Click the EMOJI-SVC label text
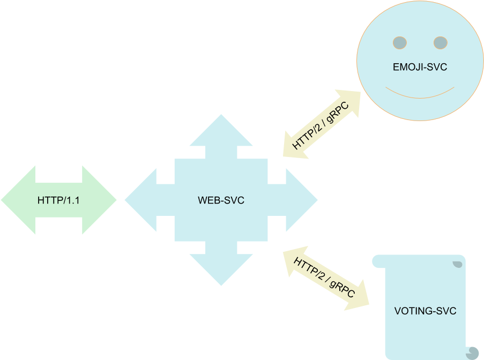click(420, 67)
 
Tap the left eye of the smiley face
click(399, 42)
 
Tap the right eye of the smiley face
click(440, 42)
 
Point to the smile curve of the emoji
click(420, 95)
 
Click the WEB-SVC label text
click(221, 200)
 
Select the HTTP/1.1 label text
click(58, 200)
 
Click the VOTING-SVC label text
click(425, 311)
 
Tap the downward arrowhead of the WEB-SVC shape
click(221, 271)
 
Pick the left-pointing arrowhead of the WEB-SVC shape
click(139, 200)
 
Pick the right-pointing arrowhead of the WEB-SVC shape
click(303, 200)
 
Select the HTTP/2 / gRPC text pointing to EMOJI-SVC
click(321, 124)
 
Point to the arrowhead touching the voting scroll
click(358, 297)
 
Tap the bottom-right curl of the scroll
click(472, 352)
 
